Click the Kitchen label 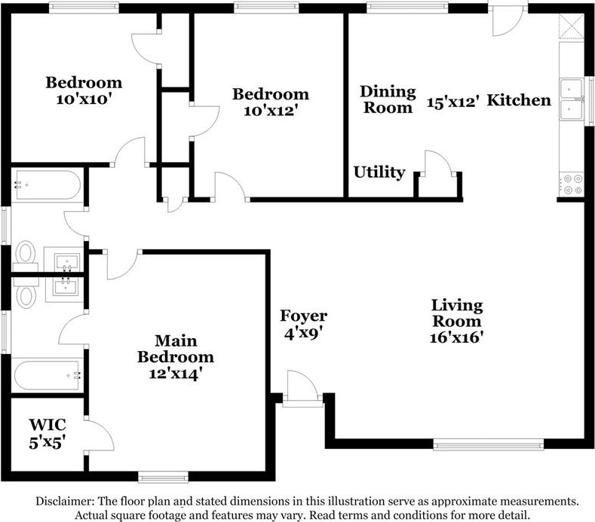pos(519,100)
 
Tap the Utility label pos(379,172)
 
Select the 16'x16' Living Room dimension pos(457,337)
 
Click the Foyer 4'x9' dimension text pos(303,333)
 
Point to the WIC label pos(48,425)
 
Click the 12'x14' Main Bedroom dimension pos(175,374)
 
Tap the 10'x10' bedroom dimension pos(84,99)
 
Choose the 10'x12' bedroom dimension pos(270,111)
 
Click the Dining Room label pos(388,99)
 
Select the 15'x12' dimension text pos(452,102)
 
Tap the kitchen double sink pos(572,99)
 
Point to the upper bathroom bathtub pos(46,185)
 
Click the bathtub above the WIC pos(47,375)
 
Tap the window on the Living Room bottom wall pos(489,444)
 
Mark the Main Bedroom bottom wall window pos(163,477)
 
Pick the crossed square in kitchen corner pos(572,26)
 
